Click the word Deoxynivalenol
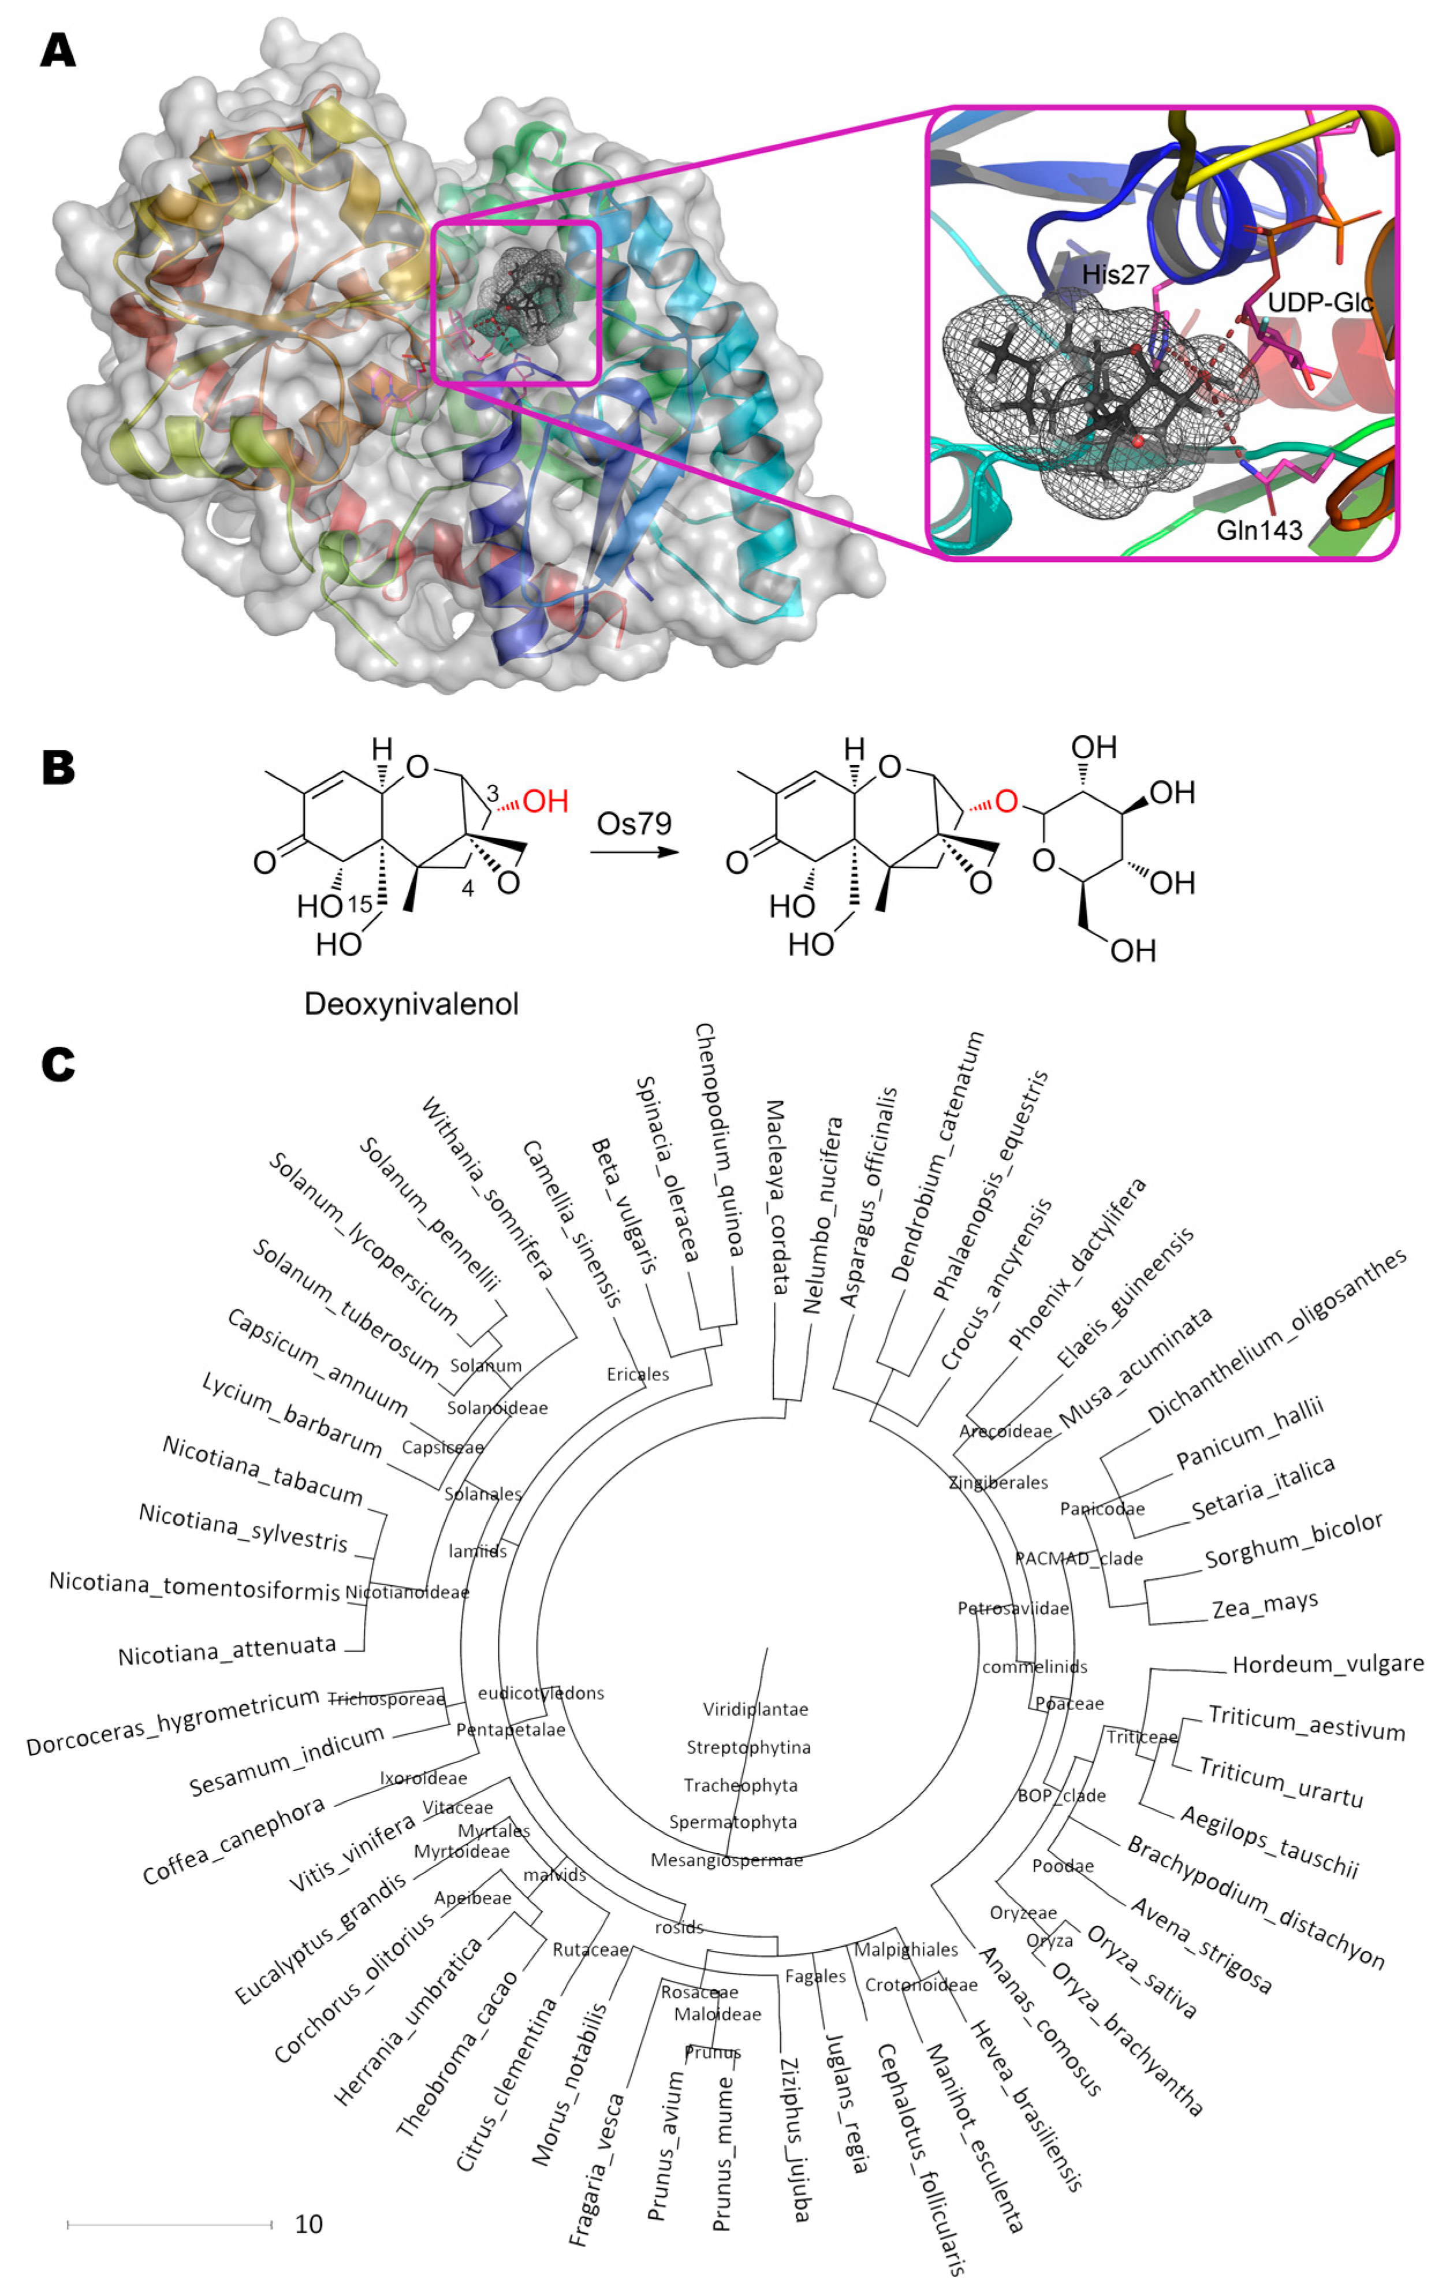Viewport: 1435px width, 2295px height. (x=411, y=1003)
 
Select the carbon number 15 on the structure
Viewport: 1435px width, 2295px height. (x=360, y=904)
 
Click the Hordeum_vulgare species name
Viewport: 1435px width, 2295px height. (x=1327, y=1664)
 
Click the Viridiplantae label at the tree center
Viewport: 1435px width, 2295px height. (x=755, y=1709)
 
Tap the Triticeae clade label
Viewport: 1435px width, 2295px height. (x=1141, y=1737)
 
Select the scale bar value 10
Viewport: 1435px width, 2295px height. (x=308, y=2224)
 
